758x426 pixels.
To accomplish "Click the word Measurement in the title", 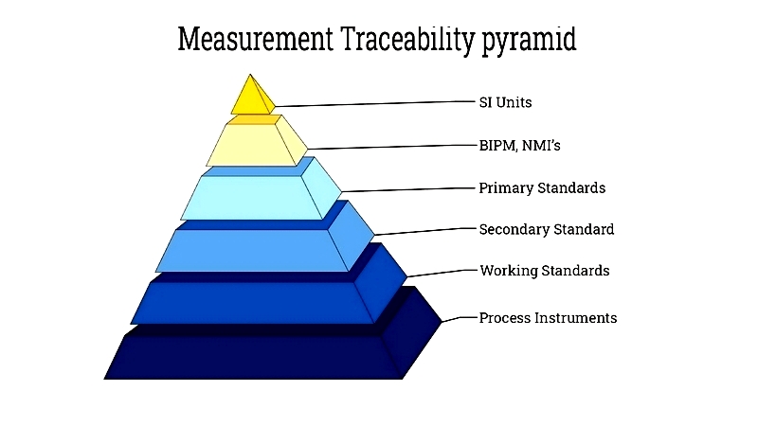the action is click(x=255, y=39).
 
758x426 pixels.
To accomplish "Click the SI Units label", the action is click(x=505, y=102).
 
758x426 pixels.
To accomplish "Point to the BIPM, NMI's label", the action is click(x=519, y=146).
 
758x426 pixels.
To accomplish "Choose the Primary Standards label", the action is click(x=542, y=187).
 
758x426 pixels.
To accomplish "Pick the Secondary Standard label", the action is click(x=547, y=229).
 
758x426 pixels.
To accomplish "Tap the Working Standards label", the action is click(x=544, y=271).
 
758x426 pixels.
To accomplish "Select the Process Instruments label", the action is click(x=548, y=318).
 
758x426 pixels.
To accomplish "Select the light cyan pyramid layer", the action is click(x=256, y=196).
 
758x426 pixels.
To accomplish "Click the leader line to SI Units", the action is click(x=375, y=104).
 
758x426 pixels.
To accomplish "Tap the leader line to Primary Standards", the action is click(x=408, y=190).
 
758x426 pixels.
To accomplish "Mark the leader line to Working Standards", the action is click(x=442, y=274).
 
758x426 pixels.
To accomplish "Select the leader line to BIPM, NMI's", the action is click(x=391, y=147).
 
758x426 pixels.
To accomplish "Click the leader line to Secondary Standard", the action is click(x=424, y=232).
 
